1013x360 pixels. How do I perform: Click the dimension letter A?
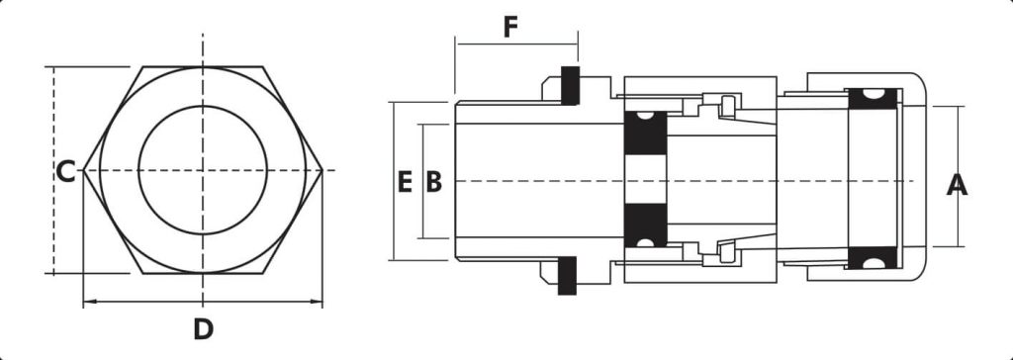point(957,185)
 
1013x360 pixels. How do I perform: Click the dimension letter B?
point(434,182)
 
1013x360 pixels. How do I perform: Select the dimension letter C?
point(65,172)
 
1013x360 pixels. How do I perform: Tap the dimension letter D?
point(203,329)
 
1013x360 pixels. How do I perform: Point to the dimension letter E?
point(405,182)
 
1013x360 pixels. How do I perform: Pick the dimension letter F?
point(510,28)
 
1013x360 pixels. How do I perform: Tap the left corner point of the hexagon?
point(84,170)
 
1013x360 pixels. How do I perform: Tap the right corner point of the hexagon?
point(322,170)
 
